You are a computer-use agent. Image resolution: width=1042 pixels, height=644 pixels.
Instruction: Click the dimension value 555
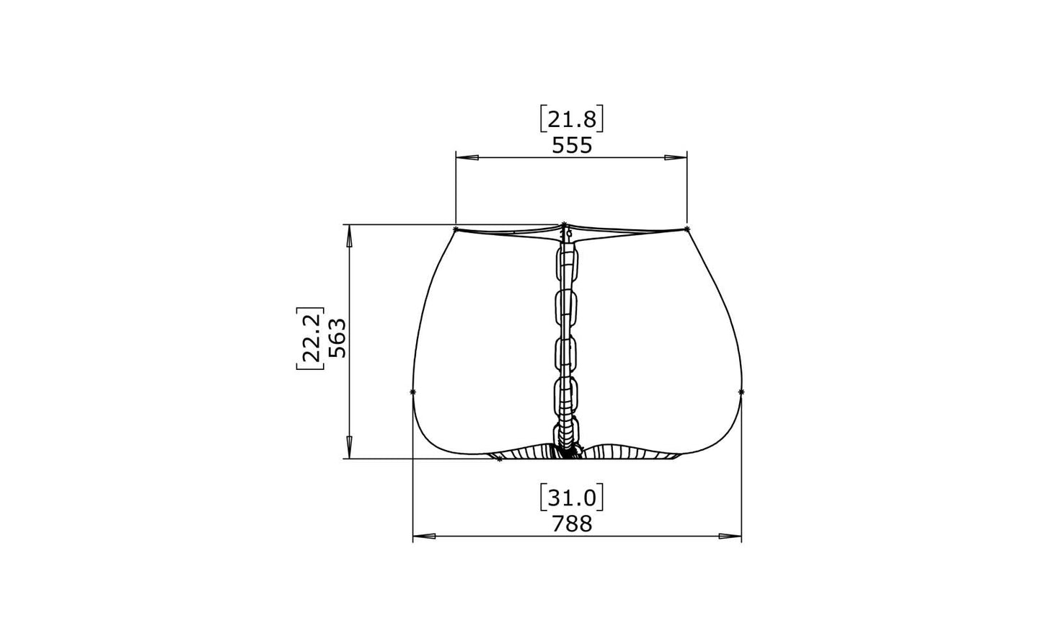572,146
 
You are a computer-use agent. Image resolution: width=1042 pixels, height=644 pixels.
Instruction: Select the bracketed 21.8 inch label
572,120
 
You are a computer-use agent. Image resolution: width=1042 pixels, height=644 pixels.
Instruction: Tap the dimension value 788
572,524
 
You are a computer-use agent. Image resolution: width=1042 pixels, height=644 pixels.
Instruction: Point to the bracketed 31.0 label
572,498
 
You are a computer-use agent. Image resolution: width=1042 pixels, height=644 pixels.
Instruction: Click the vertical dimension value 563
337,338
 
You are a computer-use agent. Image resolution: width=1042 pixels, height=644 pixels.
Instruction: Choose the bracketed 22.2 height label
310,338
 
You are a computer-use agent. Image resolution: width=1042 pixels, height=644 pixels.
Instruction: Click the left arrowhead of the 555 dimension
467,158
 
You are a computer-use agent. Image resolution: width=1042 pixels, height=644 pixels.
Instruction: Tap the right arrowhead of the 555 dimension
676,158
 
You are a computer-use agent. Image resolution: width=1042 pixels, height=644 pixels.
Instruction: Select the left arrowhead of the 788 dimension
424,537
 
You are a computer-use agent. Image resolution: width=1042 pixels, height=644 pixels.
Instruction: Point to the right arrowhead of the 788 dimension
730,537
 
